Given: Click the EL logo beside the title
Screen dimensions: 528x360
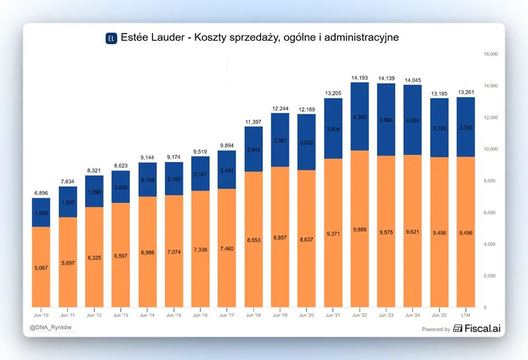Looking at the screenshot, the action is [x=111, y=39].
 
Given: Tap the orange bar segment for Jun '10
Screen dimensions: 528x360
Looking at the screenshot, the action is [x=41, y=267].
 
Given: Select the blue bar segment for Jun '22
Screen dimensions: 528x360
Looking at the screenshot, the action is [x=360, y=116].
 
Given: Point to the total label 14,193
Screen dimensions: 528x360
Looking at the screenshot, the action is [x=360, y=78].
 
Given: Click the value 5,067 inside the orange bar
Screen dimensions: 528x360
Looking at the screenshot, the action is [x=41, y=268].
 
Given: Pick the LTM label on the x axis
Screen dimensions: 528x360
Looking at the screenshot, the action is [x=466, y=315].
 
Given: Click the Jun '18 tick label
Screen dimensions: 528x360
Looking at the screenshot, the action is [x=253, y=315].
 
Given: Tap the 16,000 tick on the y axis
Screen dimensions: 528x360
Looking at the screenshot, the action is [x=491, y=54].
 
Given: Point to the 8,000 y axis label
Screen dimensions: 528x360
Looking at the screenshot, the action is [x=491, y=181].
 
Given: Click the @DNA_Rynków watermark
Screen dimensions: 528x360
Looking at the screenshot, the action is [x=51, y=328].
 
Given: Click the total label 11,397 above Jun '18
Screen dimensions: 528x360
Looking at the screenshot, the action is [x=253, y=122].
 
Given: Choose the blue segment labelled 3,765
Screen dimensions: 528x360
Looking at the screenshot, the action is [x=466, y=127].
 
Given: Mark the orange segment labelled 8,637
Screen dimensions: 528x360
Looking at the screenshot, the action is [x=307, y=239].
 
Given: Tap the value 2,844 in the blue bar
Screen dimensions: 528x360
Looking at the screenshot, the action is [x=253, y=150].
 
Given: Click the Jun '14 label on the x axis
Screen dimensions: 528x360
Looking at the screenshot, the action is [x=147, y=315].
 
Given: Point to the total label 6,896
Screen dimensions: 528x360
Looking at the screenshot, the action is [x=41, y=193].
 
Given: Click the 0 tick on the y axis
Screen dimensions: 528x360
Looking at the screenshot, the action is [x=485, y=307].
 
